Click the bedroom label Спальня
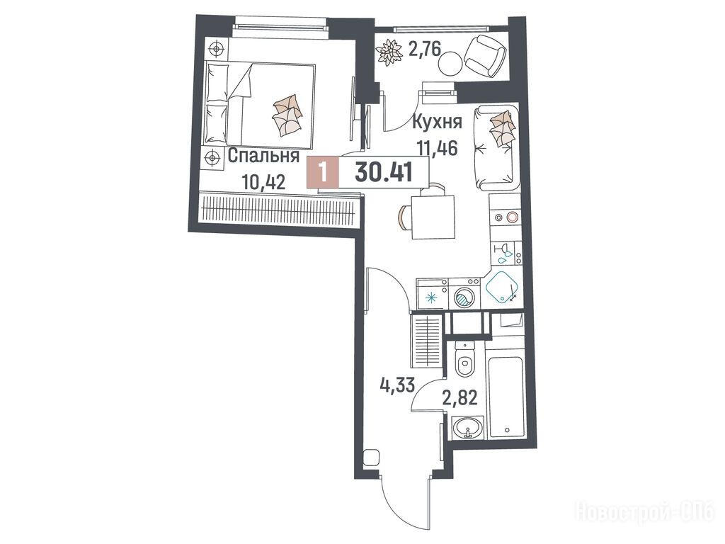click(263, 156)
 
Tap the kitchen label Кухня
click(437, 123)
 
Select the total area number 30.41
click(384, 173)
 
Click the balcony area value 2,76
click(425, 48)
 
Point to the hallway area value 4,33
click(397, 385)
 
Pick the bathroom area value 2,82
click(460, 397)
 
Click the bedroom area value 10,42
click(263, 182)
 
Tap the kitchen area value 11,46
click(437, 149)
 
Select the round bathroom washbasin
click(468, 427)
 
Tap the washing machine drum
click(464, 297)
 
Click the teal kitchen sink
click(503, 287)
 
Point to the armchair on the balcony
click(484, 56)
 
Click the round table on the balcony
click(450, 63)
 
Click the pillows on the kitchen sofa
click(502, 127)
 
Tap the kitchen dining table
click(433, 217)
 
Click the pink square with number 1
click(323, 173)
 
